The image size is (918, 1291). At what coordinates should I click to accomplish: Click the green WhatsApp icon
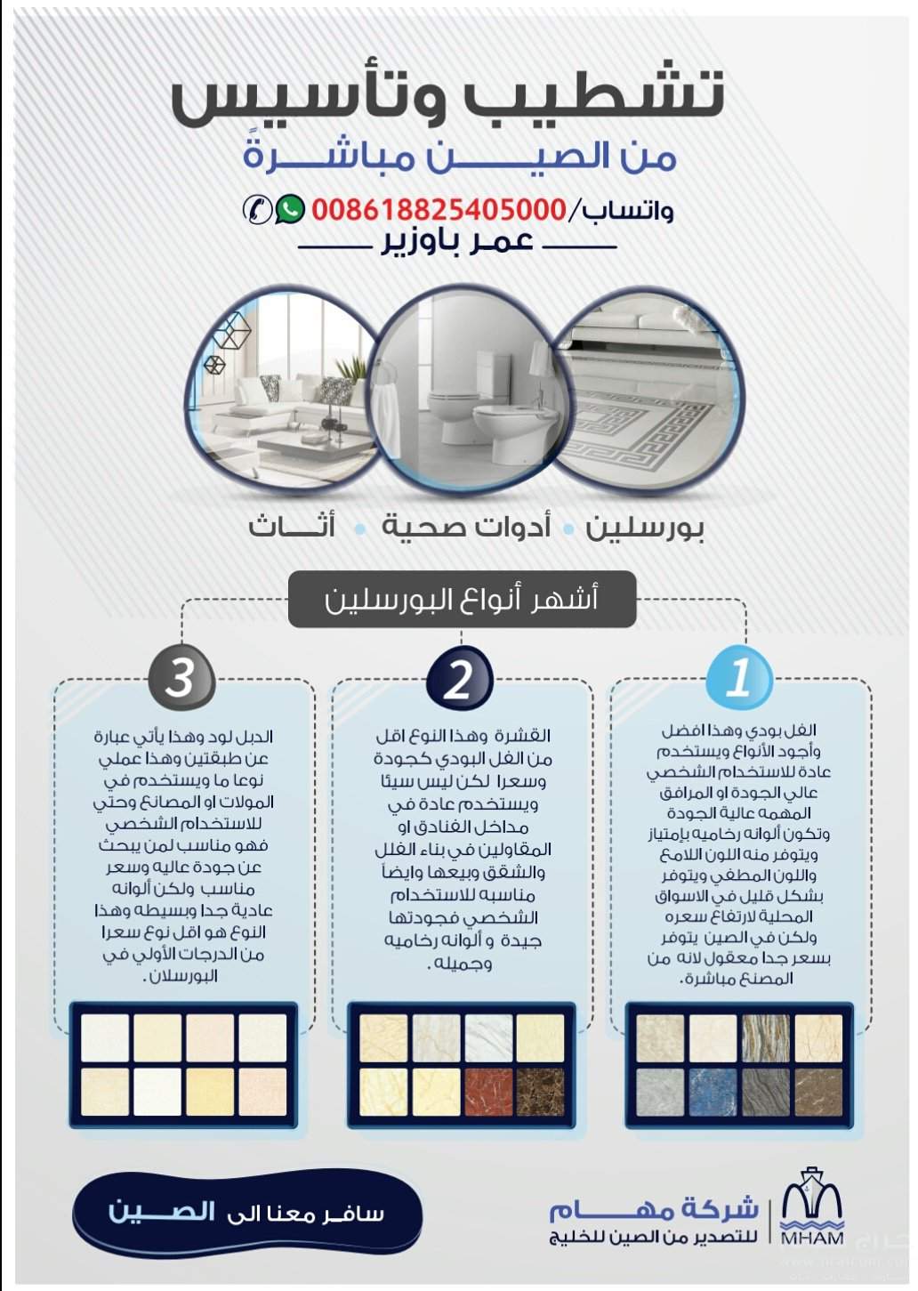point(290,209)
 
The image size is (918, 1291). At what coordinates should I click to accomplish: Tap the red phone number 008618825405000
point(439,210)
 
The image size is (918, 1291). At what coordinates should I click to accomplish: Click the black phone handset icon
point(257,210)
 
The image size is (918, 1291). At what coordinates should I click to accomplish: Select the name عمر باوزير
point(457,242)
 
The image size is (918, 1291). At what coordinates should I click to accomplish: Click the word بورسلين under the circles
point(645,527)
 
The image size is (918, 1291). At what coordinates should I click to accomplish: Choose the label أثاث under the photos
point(292,527)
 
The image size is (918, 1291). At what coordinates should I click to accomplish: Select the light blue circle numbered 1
point(737,678)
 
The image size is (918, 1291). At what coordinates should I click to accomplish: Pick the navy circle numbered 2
point(459,680)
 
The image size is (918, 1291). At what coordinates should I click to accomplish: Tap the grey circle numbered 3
point(181,678)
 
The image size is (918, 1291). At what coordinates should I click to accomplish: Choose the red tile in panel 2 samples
point(488,1093)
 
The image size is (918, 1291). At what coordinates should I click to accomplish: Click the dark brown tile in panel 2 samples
point(541,1093)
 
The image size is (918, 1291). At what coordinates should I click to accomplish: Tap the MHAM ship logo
point(811,1207)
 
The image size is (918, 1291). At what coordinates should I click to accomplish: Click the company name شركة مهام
point(653,1208)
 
